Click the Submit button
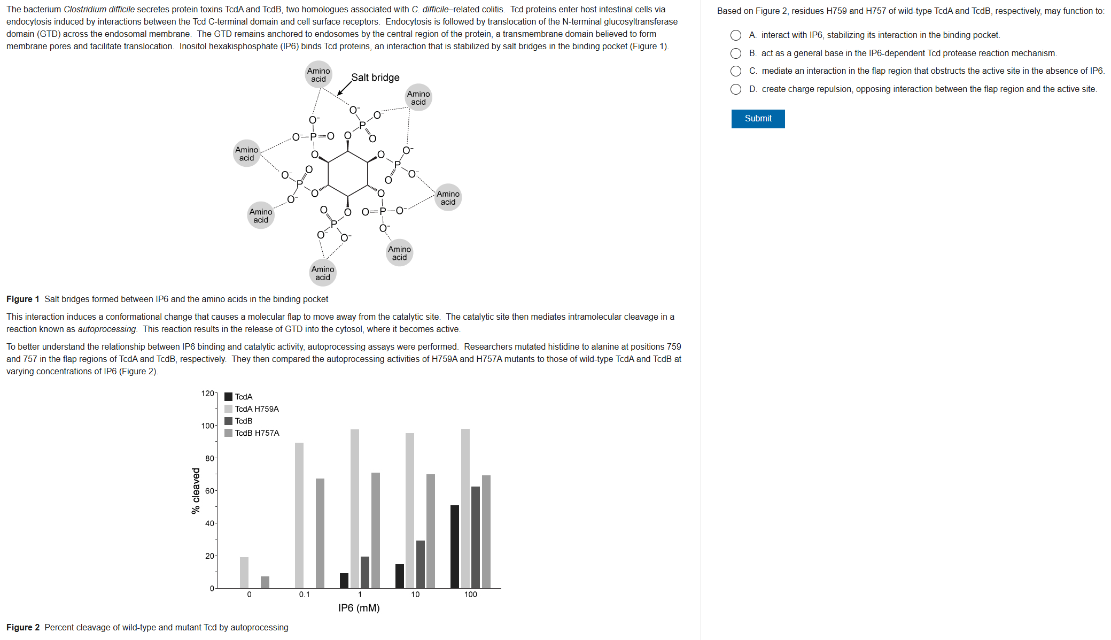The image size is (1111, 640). (758, 119)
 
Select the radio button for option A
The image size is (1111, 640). (736, 35)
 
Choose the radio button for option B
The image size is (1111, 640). (736, 53)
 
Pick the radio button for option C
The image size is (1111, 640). (736, 71)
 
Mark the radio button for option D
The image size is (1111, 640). (736, 89)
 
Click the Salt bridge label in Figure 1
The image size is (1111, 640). (375, 78)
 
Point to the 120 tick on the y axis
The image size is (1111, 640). (207, 394)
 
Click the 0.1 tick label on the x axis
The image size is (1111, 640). (304, 595)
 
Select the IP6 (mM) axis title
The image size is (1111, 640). (359, 608)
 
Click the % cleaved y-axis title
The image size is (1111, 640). (196, 491)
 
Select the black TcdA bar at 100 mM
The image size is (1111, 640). (455, 546)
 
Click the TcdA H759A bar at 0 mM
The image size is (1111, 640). (244, 572)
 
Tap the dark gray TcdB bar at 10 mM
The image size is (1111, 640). (421, 564)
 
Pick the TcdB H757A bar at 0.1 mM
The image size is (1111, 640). (320, 533)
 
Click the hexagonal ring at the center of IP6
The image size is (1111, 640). (348, 173)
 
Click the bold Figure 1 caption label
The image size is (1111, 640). (23, 299)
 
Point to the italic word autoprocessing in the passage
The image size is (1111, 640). (107, 329)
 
